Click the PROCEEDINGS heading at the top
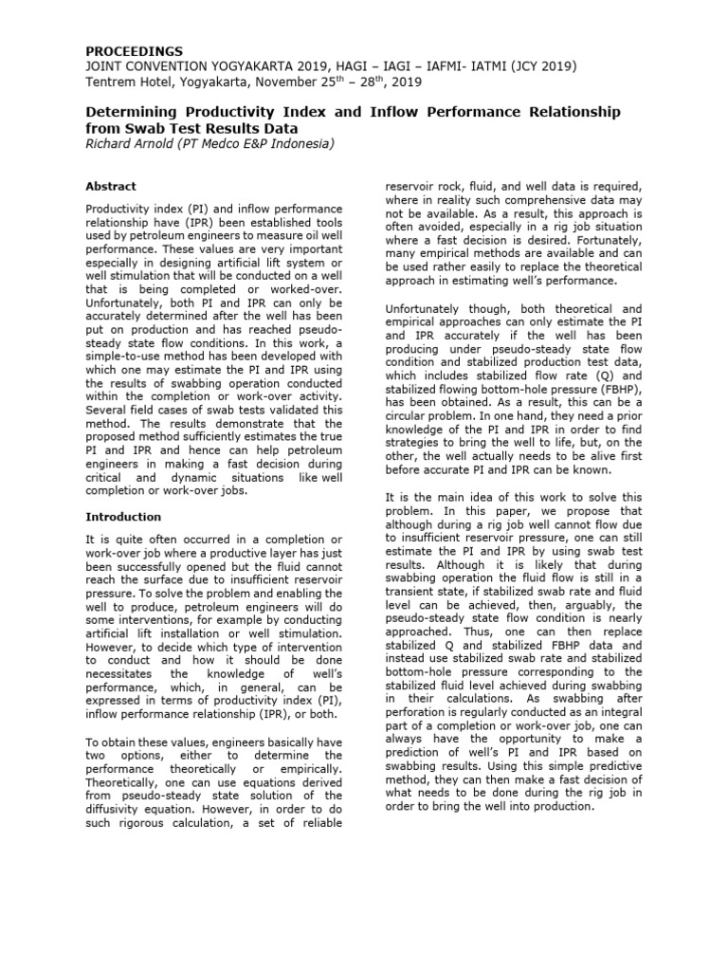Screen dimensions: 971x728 coord(135,50)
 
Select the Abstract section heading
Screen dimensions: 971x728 coord(111,187)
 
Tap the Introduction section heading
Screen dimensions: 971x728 coord(123,517)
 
